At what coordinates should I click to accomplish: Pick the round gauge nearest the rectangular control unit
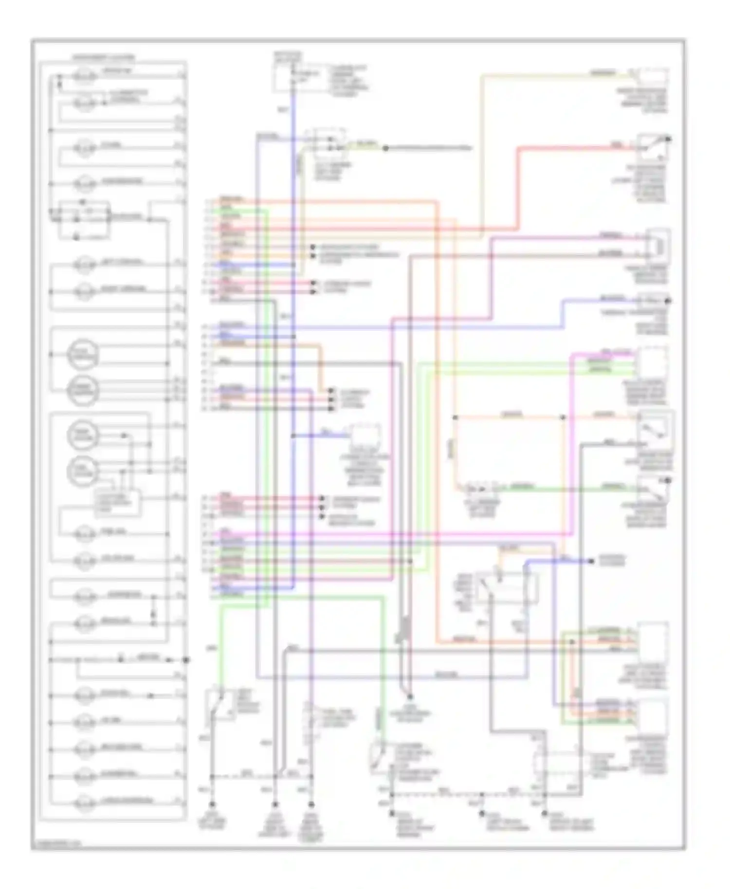[83, 471]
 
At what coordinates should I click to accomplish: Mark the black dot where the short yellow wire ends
[385, 148]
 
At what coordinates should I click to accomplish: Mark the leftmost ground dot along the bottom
[212, 804]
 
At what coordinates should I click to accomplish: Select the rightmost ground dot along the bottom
[545, 813]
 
